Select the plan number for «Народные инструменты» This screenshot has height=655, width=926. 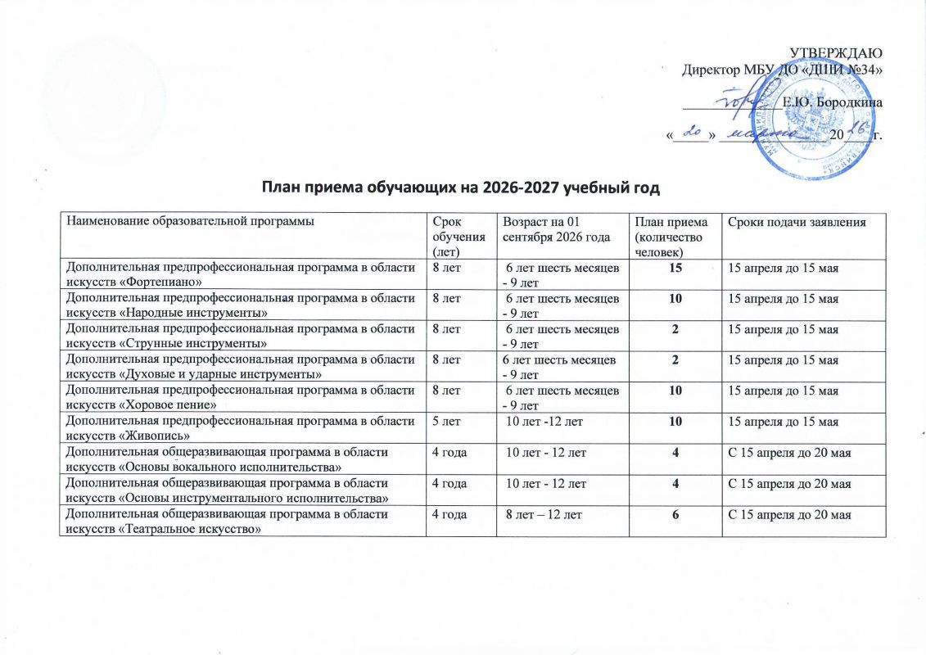coord(671,298)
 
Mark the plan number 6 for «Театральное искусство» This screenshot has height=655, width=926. coord(671,513)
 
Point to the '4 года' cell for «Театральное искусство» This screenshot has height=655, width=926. coord(449,513)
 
